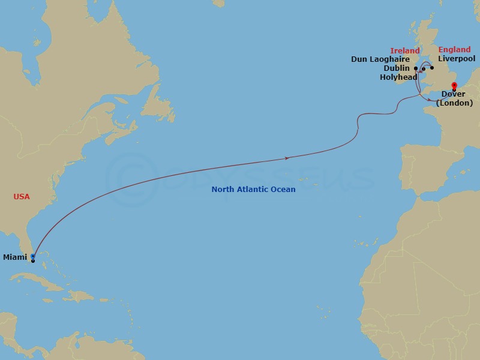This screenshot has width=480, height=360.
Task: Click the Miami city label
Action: tap(15, 257)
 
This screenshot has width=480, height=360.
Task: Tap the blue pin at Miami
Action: tap(32, 256)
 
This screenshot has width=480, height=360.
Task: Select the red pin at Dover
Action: tap(454, 85)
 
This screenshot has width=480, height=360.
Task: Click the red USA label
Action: tap(22, 197)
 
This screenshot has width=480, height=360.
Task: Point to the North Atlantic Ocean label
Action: tap(253, 190)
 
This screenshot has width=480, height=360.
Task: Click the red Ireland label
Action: tap(405, 51)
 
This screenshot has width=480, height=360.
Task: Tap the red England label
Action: tap(455, 50)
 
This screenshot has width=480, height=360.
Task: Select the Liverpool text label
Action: tap(457, 59)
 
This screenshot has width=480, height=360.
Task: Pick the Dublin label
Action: tap(397, 68)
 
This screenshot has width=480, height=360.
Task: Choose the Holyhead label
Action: tap(398, 77)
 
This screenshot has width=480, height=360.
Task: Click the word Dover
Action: tap(453, 94)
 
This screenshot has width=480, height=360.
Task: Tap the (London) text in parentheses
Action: tap(454, 103)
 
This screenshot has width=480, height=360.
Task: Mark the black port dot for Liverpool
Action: tap(431, 68)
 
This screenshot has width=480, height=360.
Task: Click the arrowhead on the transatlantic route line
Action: tap(289, 158)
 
